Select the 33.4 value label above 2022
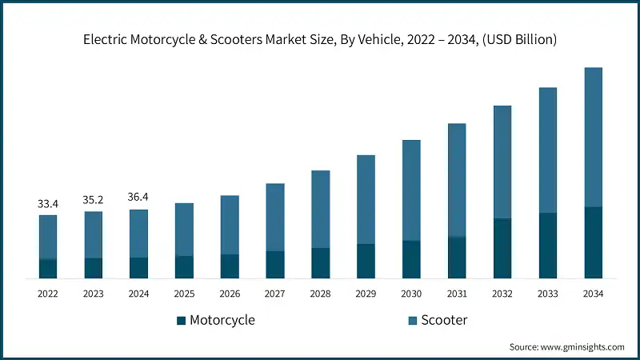click(x=48, y=204)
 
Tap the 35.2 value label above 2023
click(x=94, y=201)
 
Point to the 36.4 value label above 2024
click(x=139, y=198)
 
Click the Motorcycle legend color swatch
click(x=182, y=321)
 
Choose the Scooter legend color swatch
click(x=413, y=321)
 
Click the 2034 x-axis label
click(x=593, y=294)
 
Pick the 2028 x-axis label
click(x=320, y=294)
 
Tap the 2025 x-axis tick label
click(x=184, y=294)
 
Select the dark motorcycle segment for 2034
click(x=593, y=242)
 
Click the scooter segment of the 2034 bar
click(x=593, y=137)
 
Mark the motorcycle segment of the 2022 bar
click(x=48, y=269)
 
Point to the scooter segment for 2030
click(x=411, y=190)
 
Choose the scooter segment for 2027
click(x=275, y=217)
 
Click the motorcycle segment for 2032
click(x=502, y=248)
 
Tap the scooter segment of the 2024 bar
click(x=139, y=234)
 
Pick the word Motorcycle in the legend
click(x=222, y=320)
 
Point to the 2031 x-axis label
click(x=457, y=294)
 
